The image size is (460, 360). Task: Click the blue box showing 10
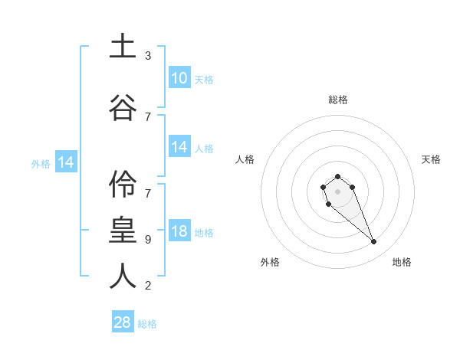(x=179, y=78)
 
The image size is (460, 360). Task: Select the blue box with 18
(x=179, y=232)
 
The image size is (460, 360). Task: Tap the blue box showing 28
(x=123, y=322)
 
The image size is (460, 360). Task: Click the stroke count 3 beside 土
(x=148, y=56)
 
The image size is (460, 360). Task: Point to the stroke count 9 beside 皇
(x=148, y=240)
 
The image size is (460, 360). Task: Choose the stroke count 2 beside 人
(x=148, y=286)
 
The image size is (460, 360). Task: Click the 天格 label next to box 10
(x=204, y=80)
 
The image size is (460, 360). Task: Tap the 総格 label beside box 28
(x=148, y=324)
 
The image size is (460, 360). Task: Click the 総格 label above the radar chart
(x=337, y=100)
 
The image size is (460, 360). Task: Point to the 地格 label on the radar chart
(x=402, y=262)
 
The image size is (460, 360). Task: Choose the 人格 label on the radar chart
(x=245, y=159)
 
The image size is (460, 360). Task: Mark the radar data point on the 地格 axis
(x=374, y=242)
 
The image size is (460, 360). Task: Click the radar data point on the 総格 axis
(x=337, y=176)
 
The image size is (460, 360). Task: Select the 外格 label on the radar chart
(x=270, y=262)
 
